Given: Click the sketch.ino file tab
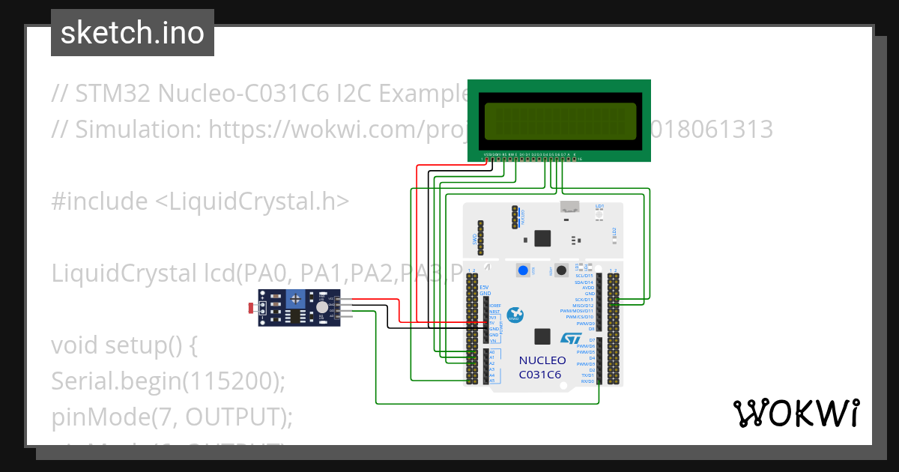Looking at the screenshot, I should [132, 33].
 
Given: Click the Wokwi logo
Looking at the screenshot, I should [796, 413].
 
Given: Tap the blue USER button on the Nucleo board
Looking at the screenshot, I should [523, 270].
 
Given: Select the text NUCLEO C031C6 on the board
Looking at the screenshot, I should [542, 367].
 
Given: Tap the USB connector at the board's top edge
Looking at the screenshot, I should [570, 207].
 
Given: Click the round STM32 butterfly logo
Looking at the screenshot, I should [515, 315].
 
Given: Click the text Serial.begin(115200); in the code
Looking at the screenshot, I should [169, 381].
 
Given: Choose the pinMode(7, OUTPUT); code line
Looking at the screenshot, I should [172, 417].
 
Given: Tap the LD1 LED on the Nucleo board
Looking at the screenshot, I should [599, 215].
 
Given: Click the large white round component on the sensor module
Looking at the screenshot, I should [321, 306].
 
